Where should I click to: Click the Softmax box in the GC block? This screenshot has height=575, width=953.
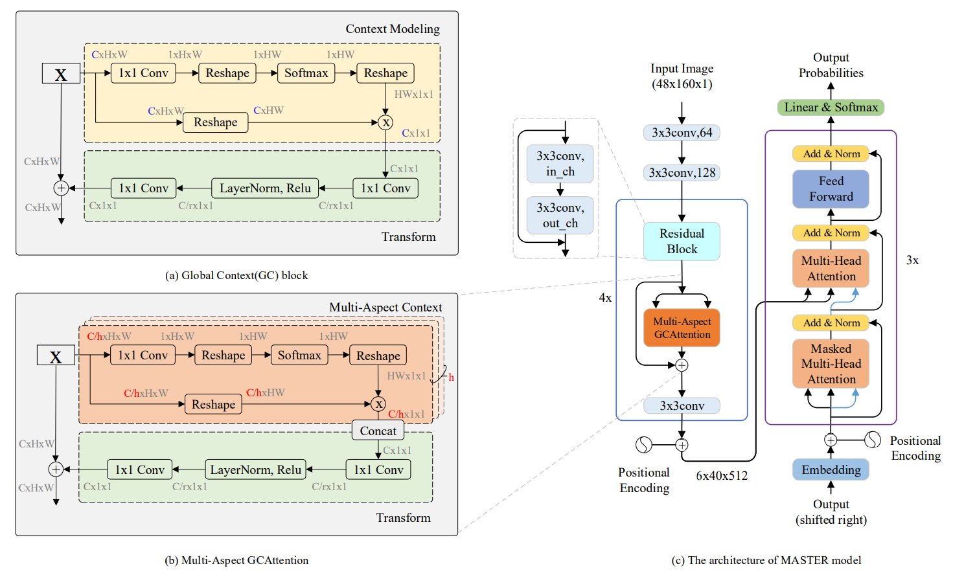click(x=306, y=73)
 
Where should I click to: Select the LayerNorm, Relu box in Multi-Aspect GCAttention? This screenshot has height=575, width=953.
click(x=257, y=469)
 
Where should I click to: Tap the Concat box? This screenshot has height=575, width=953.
click(x=378, y=431)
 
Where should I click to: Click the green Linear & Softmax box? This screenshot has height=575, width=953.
click(x=831, y=107)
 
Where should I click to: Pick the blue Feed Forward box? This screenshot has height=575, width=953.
click(x=831, y=188)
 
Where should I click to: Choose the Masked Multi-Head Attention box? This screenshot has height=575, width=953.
click(x=831, y=364)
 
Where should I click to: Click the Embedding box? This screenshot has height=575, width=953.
click(x=831, y=469)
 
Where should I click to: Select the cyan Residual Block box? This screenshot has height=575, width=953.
click(x=682, y=242)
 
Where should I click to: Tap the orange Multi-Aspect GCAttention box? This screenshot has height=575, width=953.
click(x=682, y=328)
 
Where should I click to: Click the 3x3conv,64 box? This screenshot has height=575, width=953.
click(x=682, y=133)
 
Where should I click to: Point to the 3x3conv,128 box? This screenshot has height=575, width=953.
click(x=682, y=173)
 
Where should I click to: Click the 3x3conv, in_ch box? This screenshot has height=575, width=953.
click(x=560, y=164)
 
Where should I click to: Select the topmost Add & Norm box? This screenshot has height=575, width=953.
click(x=831, y=154)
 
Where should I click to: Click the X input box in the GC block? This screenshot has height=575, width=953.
click(x=61, y=74)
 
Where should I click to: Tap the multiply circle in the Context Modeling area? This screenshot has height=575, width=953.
click(x=385, y=122)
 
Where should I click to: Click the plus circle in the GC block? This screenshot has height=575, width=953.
click(x=61, y=188)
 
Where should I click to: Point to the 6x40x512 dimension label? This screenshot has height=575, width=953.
click(x=722, y=476)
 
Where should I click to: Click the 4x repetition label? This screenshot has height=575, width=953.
click(x=605, y=298)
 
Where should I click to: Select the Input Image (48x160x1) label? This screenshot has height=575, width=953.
click(x=682, y=76)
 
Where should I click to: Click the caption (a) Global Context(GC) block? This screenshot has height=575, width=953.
click(x=236, y=275)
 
